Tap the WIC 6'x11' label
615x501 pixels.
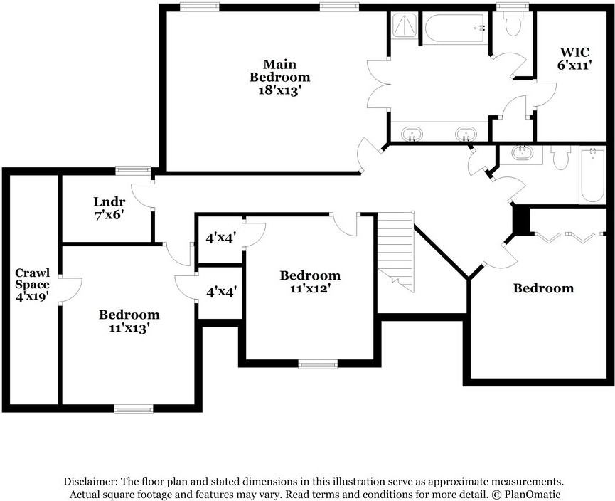point(574,58)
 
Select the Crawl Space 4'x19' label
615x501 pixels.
point(33,285)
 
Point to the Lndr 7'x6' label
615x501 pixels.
point(109,207)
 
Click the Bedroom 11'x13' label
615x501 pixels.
point(129,321)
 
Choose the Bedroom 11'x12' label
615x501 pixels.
point(309,282)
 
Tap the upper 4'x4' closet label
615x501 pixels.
point(220,238)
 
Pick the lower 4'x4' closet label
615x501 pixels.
point(220,291)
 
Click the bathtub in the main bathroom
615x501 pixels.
point(455,28)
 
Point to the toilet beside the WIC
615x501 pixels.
point(512,25)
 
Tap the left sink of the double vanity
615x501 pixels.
point(411,133)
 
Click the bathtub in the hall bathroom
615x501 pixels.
point(592,174)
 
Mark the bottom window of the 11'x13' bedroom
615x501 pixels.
point(134,408)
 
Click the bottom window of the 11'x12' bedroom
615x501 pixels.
point(318,365)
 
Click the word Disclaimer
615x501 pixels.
point(90,481)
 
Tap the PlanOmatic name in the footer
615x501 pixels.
point(533,494)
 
